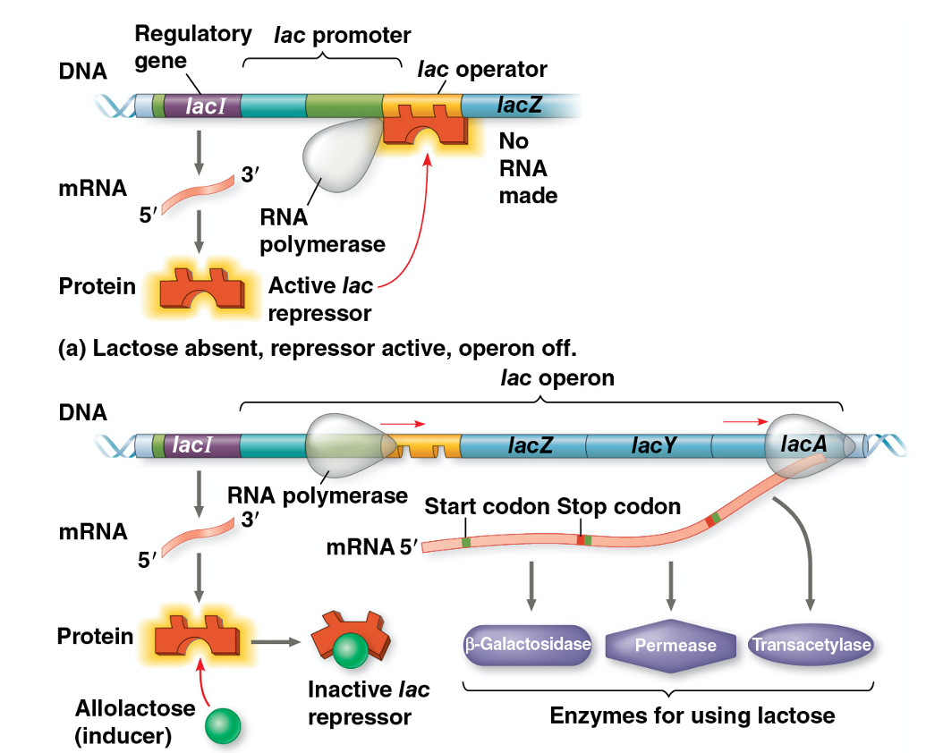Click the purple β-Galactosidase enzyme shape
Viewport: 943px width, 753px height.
[528, 644]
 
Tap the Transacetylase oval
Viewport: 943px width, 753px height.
[811, 644]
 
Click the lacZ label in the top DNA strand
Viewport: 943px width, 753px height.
[520, 106]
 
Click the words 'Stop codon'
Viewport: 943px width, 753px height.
[619, 507]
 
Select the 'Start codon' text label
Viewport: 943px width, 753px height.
[487, 507]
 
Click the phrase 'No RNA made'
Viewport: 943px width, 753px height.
[528, 167]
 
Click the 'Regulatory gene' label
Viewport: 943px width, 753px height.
[191, 47]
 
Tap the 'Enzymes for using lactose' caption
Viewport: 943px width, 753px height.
[692, 715]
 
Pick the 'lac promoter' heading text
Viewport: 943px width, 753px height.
[342, 36]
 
